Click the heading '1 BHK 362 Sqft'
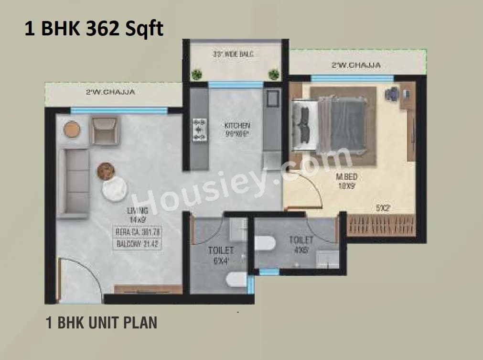[94, 29]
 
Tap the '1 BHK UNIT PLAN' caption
[101, 323]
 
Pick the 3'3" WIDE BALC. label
[233, 55]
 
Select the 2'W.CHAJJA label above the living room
[110, 92]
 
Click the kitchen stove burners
[199, 130]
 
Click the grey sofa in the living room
[73, 183]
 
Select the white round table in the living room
[114, 189]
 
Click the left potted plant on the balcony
[196, 74]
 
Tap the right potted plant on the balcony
[274, 74]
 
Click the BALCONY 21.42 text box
[137, 244]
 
